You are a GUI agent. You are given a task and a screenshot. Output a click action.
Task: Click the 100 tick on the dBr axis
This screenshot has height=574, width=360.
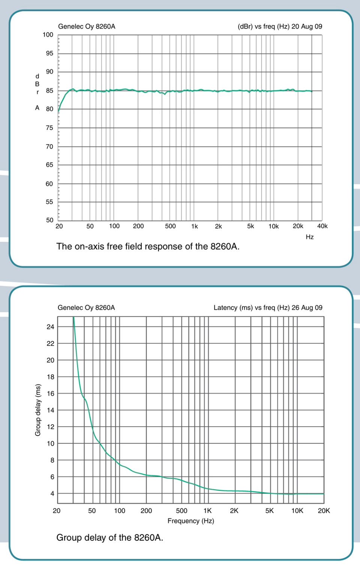pyautogui.click(x=48, y=35)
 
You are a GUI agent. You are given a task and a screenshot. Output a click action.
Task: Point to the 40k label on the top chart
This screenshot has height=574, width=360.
pyautogui.click(x=322, y=226)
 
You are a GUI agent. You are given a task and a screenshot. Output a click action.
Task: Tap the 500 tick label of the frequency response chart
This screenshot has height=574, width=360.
pyautogui.click(x=170, y=226)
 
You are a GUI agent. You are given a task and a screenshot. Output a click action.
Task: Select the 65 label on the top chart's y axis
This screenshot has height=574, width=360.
pyautogui.click(x=49, y=165)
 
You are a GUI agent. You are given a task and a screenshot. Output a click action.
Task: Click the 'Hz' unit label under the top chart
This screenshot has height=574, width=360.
pyautogui.click(x=309, y=237)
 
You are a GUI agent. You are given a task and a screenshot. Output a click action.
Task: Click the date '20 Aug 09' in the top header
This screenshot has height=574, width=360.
pyautogui.click(x=307, y=27)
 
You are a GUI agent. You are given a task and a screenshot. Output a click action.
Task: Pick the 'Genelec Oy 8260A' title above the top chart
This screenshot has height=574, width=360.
pyautogui.click(x=87, y=27)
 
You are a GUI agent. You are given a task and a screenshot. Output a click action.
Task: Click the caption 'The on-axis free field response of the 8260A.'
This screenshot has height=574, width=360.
pyautogui.click(x=148, y=246)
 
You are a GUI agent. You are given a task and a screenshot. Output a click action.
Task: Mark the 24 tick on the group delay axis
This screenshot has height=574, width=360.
pyautogui.click(x=50, y=327)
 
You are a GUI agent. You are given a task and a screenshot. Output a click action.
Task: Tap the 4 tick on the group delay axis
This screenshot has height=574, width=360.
pyautogui.click(x=52, y=494)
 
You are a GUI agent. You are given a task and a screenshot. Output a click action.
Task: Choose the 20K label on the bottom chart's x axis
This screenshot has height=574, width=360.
pyautogui.click(x=324, y=511)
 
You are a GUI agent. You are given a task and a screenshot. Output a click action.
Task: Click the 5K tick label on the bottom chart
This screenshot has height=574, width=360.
pyautogui.click(x=270, y=511)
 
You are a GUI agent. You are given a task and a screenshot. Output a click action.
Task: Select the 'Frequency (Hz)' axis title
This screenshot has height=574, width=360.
pyautogui.click(x=190, y=521)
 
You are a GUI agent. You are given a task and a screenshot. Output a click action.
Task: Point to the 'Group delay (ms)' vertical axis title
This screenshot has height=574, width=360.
pyautogui.click(x=38, y=410)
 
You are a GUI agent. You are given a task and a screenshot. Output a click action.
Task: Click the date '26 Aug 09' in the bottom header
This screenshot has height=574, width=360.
pyautogui.click(x=307, y=308)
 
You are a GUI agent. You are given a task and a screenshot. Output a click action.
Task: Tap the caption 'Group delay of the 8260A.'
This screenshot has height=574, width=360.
pyautogui.click(x=109, y=538)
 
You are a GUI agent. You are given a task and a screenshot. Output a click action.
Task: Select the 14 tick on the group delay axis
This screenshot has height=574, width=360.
pyautogui.click(x=50, y=410)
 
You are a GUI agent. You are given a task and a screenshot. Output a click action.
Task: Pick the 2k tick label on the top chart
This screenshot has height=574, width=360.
pyautogui.click(x=218, y=226)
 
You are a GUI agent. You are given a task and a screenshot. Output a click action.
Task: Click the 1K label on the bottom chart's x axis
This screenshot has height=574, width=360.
pyautogui.click(x=207, y=511)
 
